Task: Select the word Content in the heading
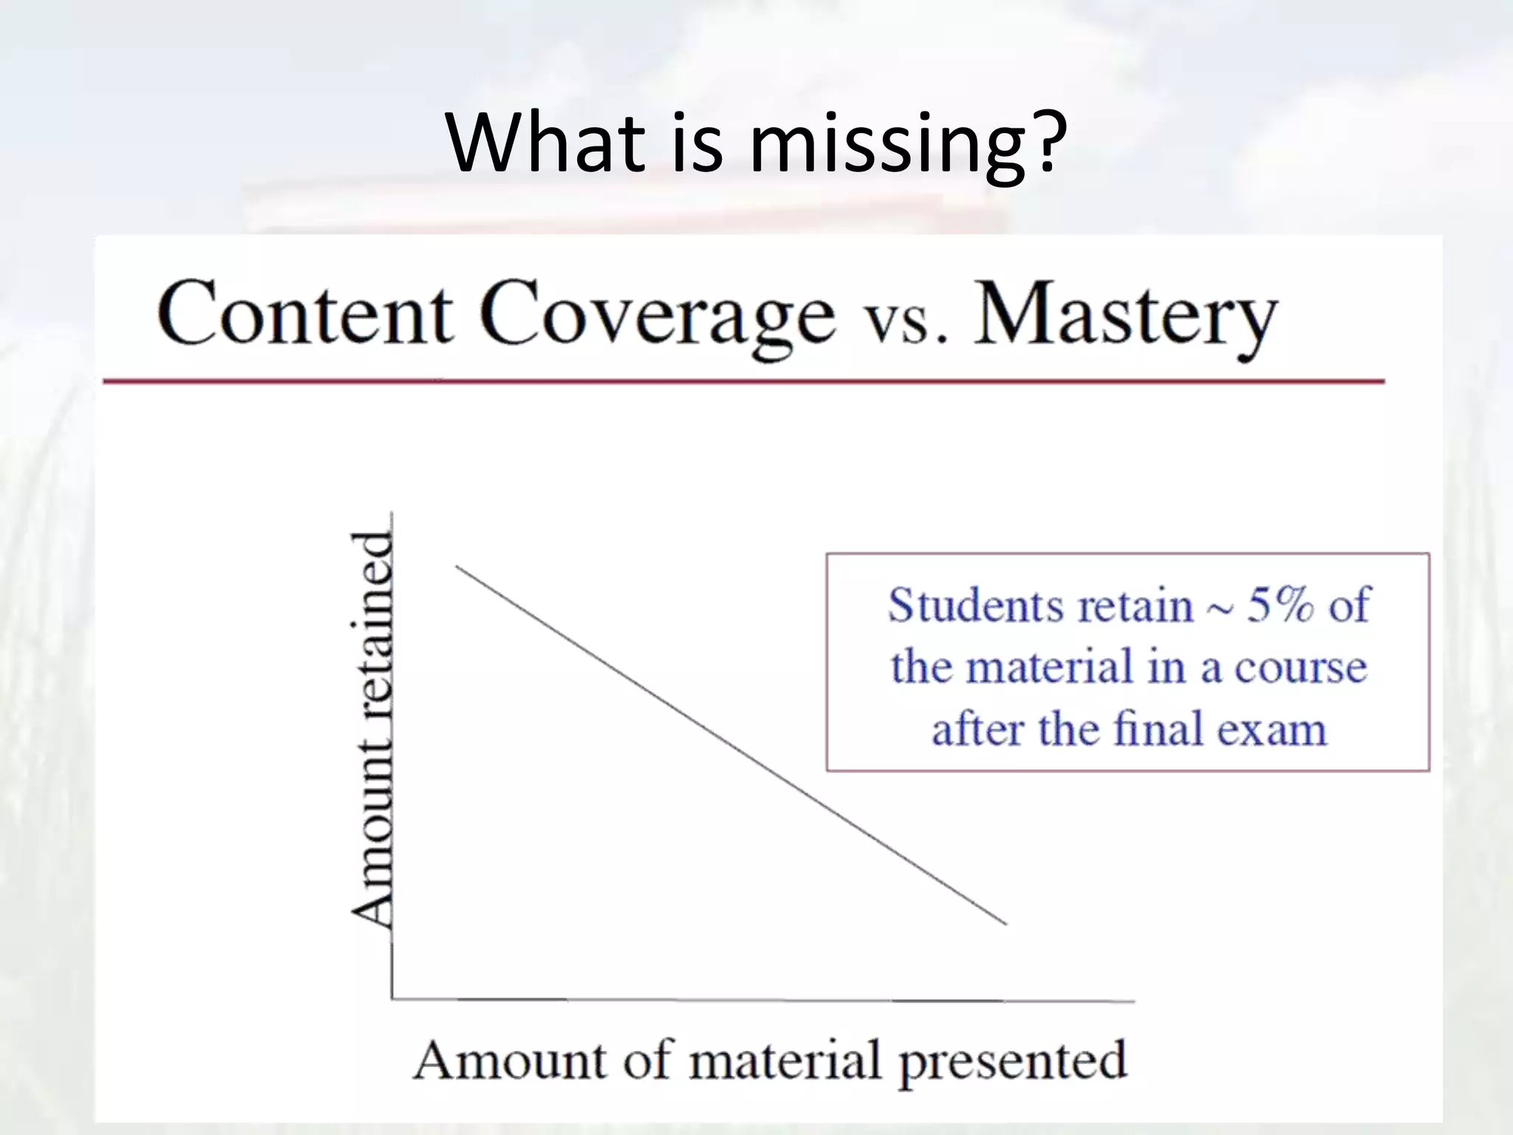click(x=304, y=315)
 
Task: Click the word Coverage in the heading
click(x=657, y=316)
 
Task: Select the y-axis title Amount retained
click(x=372, y=728)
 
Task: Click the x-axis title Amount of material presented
click(x=769, y=1061)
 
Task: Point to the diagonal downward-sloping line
click(x=731, y=745)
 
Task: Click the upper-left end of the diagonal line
click(x=457, y=567)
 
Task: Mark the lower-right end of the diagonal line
click(x=1005, y=924)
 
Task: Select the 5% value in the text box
click(x=1280, y=604)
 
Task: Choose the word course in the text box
click(x=1300, y=667)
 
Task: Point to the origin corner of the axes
click(x=392, y=999)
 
